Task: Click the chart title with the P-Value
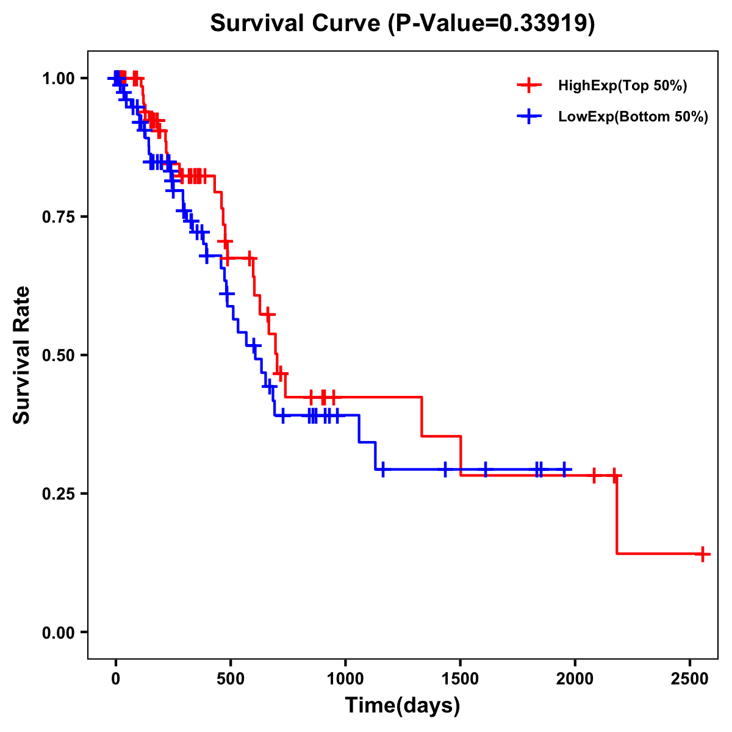pos(403,24)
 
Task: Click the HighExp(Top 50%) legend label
pos(622,86)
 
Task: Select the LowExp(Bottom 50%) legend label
pos(633,117)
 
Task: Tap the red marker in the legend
pos(529,85)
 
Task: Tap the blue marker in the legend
pos(529,117)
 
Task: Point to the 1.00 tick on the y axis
pos(59,79)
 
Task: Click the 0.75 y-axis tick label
pos(59,217)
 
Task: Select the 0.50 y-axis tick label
pos(59,356)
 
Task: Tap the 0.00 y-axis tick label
pos(59,633)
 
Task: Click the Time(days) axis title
pos(403,706)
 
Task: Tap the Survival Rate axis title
pos(23,355)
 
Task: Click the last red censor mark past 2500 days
pos(703,554)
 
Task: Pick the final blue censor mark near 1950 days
pos(564,470)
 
